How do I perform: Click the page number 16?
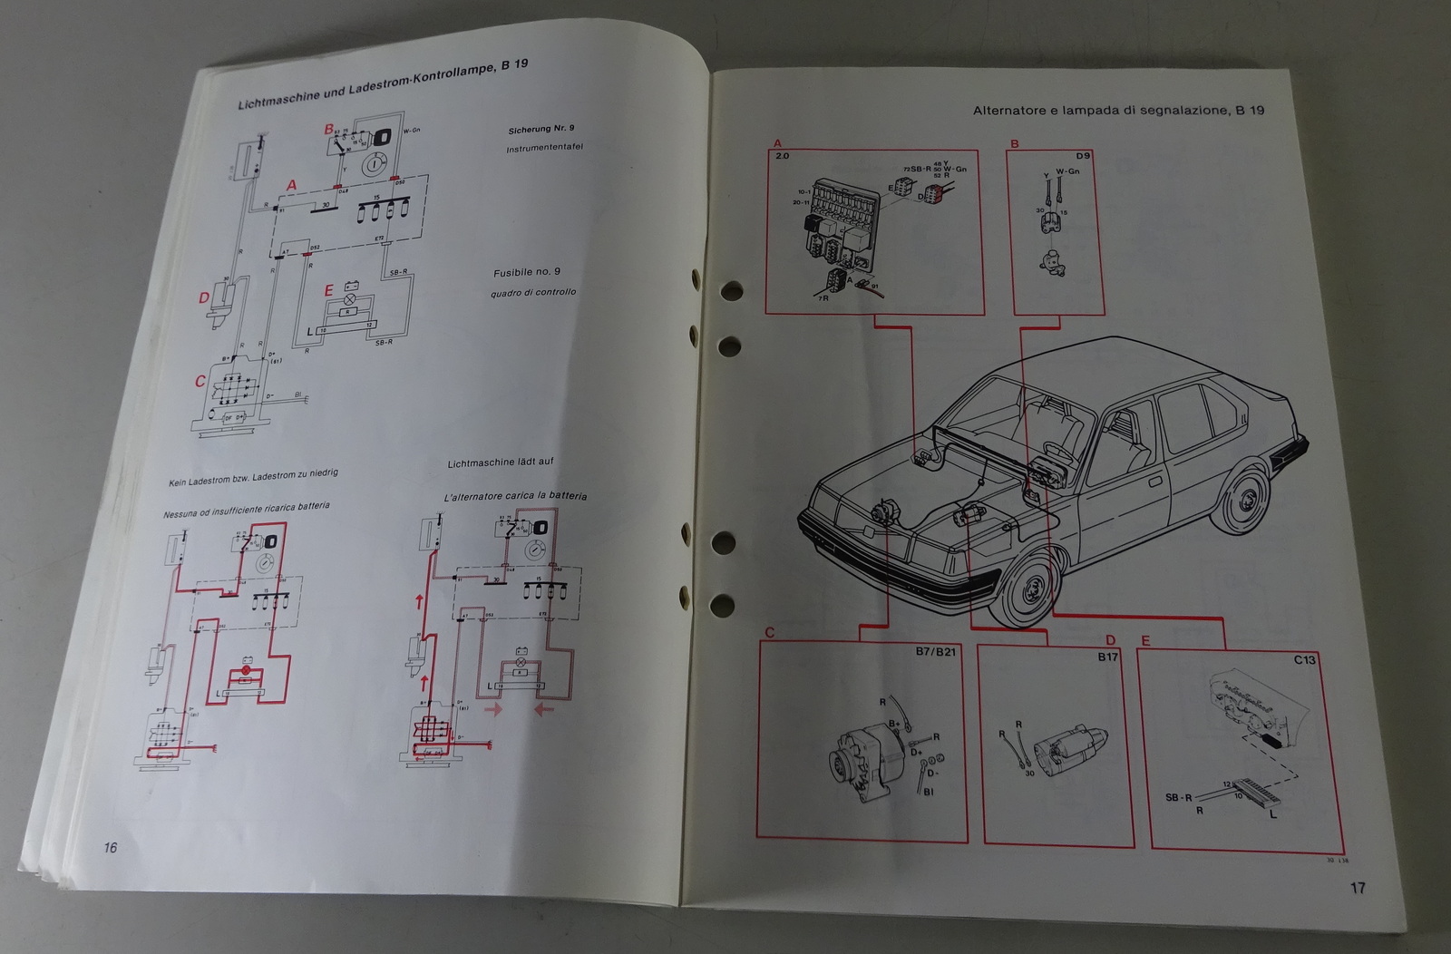click(110, 848)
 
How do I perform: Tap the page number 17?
click(1357, 888)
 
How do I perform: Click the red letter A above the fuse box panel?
click(775, 143)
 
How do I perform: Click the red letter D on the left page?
click(204, 297)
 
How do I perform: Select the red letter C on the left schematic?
click(200, 382)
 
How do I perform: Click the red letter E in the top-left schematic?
click(328, 292)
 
